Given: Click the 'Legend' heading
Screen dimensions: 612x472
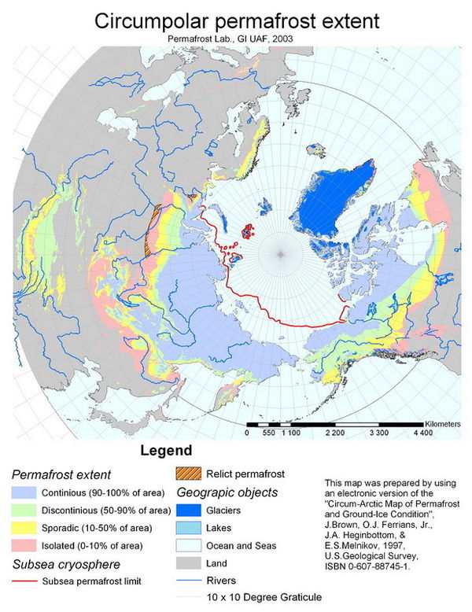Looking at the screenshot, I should [x=166, y=452].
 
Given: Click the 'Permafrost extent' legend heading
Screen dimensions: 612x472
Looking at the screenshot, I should [x=61, y=474].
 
